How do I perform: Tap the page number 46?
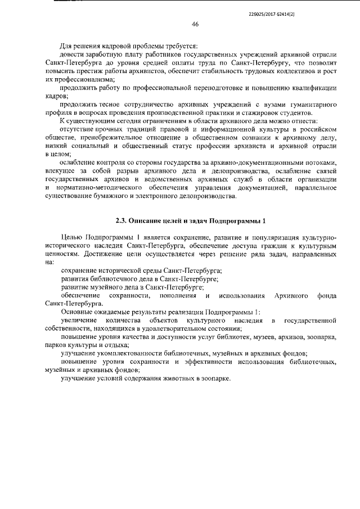click(195, 24)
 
